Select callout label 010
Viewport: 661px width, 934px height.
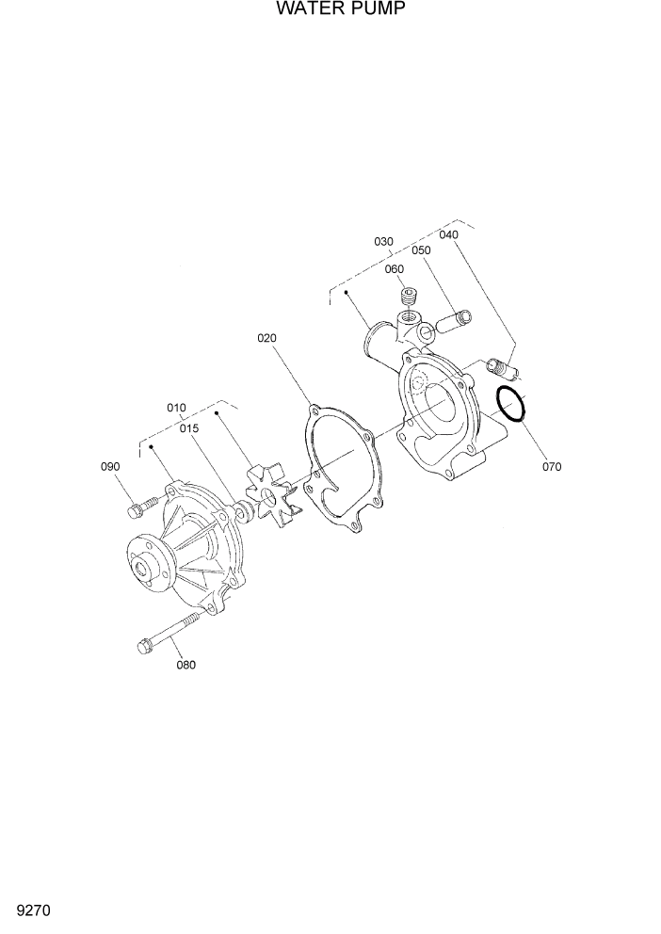pos(176,408)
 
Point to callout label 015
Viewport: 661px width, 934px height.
pos(189,428)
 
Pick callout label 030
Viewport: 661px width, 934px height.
pos(383,242)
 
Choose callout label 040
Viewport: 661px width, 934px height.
pos(448,234)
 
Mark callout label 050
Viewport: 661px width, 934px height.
pos(420,250)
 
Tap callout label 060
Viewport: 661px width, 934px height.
pos(394,268)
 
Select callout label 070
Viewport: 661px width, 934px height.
pos(552,465)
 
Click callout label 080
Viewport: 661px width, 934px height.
pos(186,665)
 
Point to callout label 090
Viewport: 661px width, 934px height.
pos(111,466)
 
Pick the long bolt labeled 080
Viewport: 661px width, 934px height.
pos(169,634)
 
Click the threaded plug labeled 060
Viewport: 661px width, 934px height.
pos(409,301)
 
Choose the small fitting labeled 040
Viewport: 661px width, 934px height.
pos(501,362)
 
